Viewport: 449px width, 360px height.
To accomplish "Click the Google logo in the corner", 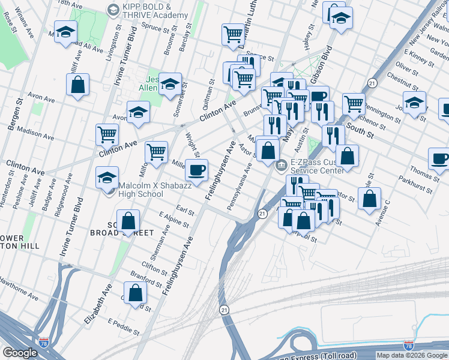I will pos(20,353).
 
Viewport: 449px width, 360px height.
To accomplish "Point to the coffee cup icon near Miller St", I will pos(196,170).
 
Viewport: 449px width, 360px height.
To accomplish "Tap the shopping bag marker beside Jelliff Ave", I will pos(78,85).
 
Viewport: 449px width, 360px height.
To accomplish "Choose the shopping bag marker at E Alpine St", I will pos(128,221).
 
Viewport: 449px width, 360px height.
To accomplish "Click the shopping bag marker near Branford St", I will pos(136,293).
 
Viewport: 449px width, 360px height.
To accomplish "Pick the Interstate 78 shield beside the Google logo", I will pos(43,342).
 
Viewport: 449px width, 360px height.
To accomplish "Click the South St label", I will pos(360,131).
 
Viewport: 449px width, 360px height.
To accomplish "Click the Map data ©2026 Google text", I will pos(412,355).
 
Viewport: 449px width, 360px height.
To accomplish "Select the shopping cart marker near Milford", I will pos(156,152).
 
